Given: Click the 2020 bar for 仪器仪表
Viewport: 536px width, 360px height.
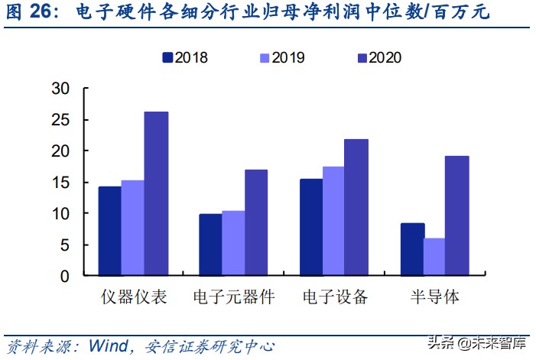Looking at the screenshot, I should (156, 194).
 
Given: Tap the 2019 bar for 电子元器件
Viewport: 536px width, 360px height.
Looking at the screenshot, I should (233, 243).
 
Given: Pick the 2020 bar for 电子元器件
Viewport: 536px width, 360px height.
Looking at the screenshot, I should (256, 222).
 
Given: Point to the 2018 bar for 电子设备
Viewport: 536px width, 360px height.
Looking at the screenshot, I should (310, 227).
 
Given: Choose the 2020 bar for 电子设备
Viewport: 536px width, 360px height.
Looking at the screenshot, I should (356, 207).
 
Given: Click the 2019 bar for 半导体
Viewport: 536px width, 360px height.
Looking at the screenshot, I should (434, 257).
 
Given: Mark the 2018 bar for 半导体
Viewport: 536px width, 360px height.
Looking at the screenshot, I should (412, 249).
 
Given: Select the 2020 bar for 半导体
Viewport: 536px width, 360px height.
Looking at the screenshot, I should (457, 216).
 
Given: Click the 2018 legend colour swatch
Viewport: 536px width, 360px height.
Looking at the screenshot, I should (167, 57).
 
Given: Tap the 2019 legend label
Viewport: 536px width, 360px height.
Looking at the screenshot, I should (289, 57).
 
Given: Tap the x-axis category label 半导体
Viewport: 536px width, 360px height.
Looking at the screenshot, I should (434, 297).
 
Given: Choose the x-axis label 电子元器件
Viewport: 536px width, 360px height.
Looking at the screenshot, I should (233, 297).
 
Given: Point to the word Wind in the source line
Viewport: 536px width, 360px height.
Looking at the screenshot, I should (108, 345).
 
